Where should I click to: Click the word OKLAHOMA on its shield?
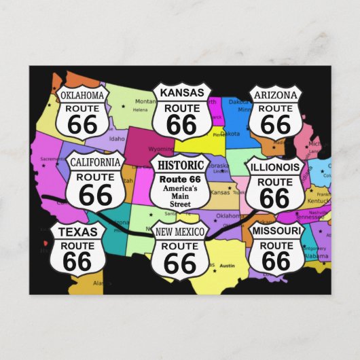(83, 95)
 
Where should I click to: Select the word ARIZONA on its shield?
(275, 94)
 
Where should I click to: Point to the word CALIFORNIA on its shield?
(95, 162)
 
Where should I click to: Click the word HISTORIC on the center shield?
(180, 165)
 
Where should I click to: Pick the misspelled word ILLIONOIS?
(275, 166)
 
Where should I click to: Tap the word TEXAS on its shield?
(77, 232)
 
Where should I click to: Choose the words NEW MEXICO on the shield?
(180, 232)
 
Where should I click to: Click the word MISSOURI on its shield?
(276, 231)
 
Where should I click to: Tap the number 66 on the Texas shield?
(77, 260)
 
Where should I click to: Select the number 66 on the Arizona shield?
(275, 124)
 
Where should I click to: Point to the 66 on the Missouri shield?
(276, 260)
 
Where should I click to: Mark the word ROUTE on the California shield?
(95, 177)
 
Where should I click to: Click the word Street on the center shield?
(180, 202)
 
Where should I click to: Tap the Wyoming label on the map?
(161, 149)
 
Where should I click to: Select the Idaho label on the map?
(117, 139)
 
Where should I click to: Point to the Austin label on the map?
(227, 265)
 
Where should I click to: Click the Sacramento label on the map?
(52, 159)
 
